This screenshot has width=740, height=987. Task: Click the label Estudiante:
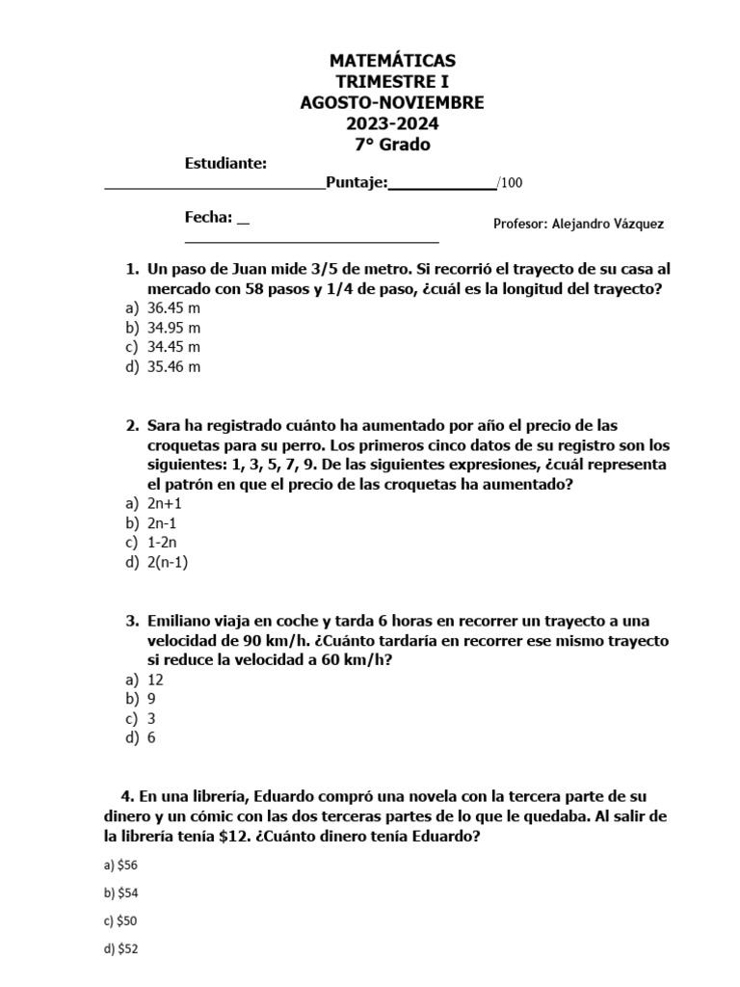(225, 164)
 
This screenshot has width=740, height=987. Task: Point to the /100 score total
(510, 184)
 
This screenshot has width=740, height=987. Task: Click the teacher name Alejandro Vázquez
(608, 224)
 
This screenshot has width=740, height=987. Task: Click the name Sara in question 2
(165, 425)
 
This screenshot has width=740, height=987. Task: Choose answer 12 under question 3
(155, 680)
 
